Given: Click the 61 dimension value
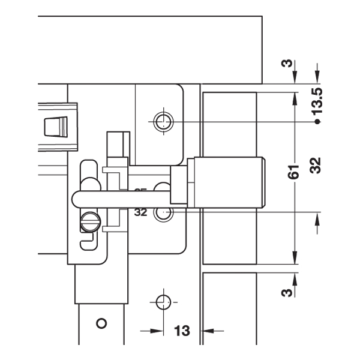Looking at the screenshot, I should [293, 174].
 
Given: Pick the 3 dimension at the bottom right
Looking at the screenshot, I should [287, 292].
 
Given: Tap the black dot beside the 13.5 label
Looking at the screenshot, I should [317, 122].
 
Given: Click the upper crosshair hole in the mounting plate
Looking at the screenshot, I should [162, 122].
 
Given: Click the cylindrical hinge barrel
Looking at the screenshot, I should [228, 181].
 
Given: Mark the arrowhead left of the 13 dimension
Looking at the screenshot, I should [157, 330].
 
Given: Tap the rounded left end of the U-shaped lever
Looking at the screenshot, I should [76, 199].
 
